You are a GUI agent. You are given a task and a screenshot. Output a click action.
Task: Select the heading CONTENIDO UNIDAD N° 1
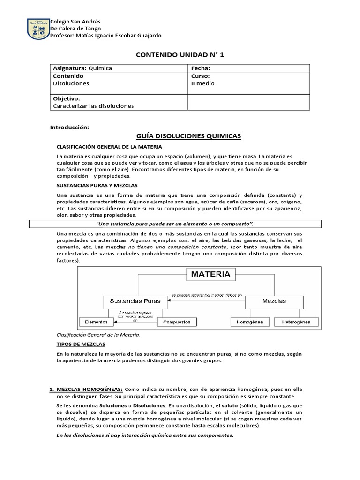(x=180, y=55)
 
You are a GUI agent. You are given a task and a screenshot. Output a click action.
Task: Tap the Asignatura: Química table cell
(x=82, y=68)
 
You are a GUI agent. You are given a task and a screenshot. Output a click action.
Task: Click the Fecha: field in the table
(x=200, y=68)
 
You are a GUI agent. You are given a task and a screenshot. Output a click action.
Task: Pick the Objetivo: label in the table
(x=67, y=98)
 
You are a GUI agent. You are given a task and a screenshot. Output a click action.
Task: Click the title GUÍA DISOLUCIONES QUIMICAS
(x=188, y=136)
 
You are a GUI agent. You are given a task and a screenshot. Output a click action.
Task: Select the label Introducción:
(x=69, y=127)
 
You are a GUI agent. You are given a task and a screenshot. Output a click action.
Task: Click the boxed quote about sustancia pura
(x=174, y=224)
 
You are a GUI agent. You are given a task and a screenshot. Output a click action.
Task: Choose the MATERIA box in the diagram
(x=210, y=274)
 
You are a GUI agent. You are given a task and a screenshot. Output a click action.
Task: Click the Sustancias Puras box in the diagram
(x=135, y=301)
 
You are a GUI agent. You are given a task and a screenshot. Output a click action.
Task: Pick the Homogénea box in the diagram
(x=250, y=322)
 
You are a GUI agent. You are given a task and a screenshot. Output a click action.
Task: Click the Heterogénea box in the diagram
(x=296, y=322)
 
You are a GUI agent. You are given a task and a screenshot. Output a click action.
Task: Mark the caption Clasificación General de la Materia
(x=98, y=335)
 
